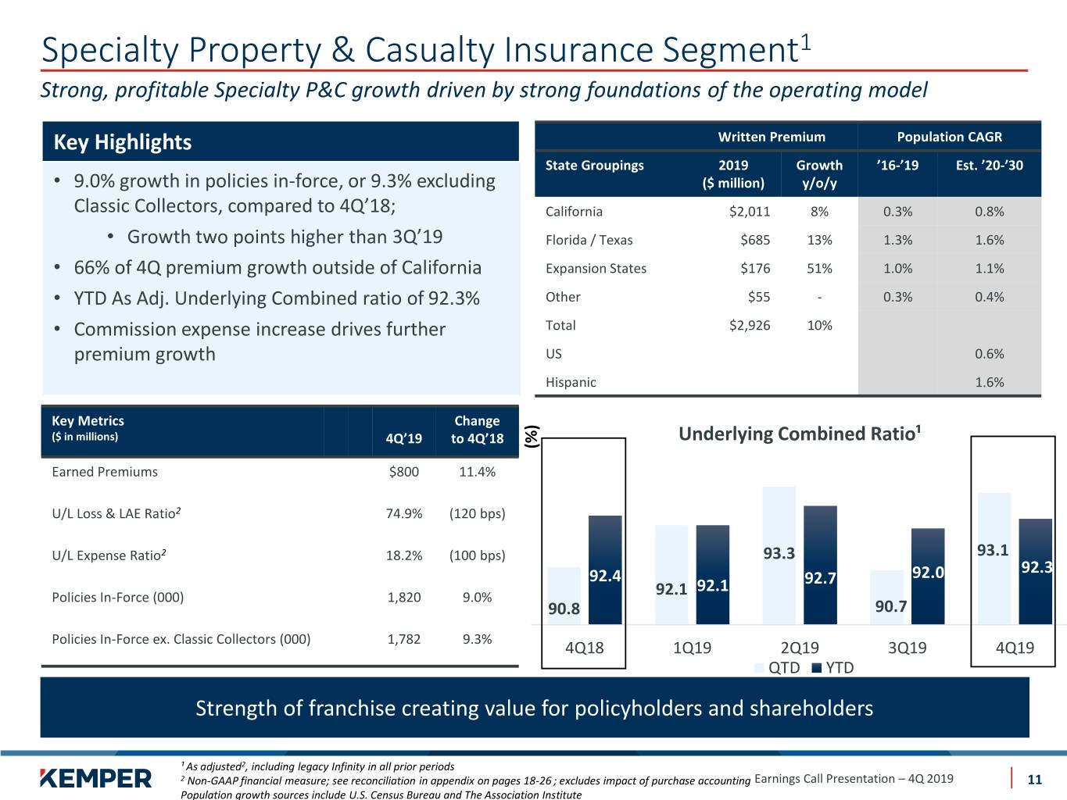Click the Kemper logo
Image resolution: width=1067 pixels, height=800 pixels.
pos(95,778)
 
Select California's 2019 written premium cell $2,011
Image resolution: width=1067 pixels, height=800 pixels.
pos(750,212)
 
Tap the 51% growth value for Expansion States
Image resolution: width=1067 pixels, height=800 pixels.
pos(819,269)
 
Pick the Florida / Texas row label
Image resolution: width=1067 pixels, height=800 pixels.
pos(589,240)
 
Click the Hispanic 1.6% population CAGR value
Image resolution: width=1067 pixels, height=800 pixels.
pos(990,382)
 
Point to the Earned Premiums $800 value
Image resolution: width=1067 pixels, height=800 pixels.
pos(403,472)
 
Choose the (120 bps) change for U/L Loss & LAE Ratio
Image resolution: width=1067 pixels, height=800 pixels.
pos(477,513)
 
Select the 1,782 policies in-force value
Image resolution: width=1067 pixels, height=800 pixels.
pos(403,639)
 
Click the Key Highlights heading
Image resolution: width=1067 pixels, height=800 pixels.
pos(123,142)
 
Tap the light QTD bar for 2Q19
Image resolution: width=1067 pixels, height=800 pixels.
pos(779,555)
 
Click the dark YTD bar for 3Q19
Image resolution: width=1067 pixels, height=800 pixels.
pos(928,576)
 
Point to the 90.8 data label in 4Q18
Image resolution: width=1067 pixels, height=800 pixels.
pos(564,609)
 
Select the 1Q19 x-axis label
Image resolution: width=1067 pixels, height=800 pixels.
pos(692,648)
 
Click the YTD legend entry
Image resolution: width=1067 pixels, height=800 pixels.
pos(832,668)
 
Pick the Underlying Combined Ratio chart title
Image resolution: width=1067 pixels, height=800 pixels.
pos(800,434)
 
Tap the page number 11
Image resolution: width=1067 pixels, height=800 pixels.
pos(1034,780)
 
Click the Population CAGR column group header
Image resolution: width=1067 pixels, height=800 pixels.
pos(950,137)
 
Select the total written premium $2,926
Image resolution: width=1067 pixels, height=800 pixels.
pos(750,326)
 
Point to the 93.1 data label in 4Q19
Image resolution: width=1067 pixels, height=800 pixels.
pos(993,550)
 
